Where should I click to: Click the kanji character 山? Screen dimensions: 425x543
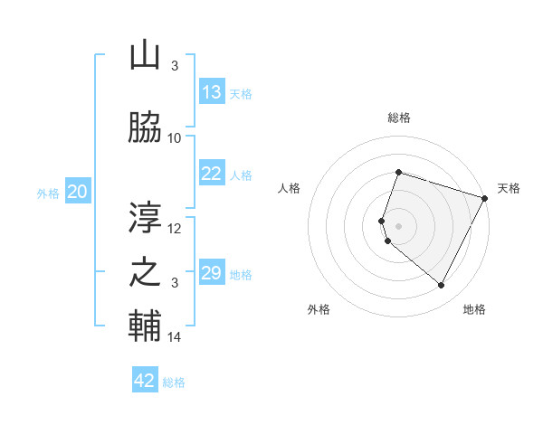tap(145, 56)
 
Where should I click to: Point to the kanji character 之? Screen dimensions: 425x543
tap(145, 272)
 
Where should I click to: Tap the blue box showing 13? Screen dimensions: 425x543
tap(212, 92)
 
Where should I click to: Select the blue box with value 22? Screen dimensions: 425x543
tap(212, 174)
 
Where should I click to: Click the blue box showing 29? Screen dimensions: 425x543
tap(212, 273)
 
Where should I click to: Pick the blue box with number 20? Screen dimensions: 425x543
tap(78, 192)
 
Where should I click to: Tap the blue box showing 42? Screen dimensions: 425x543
tap(145, 381)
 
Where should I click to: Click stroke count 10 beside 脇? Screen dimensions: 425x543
tap(175, 138)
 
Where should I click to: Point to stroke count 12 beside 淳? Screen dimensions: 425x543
tap(175, 229)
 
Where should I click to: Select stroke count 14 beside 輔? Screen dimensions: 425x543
tap(175, 337)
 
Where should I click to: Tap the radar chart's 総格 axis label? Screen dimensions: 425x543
tap(398, 118)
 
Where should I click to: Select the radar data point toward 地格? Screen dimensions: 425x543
tap(441, 286)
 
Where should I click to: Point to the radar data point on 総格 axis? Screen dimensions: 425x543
tap(398, 172)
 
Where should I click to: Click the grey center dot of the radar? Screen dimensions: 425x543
tap(398, 225)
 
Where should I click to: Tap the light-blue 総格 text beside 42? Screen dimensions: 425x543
tap(174, 382)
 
